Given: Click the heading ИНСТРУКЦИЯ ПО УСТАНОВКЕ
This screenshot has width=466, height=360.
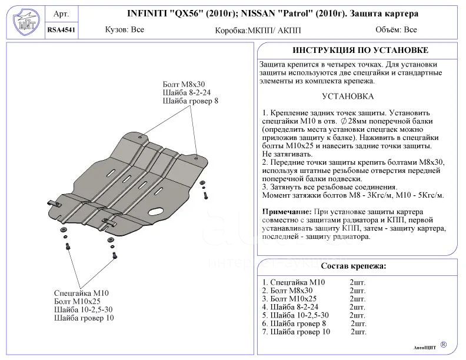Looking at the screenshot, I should coord(360,50).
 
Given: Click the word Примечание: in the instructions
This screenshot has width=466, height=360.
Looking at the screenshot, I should coord(286,211).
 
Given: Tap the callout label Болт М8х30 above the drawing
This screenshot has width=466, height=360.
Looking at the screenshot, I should coord(184,84).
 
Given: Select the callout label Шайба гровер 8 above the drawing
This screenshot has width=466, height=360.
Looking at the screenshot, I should coord(191,101).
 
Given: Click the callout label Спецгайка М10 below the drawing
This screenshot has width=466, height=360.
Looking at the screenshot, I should coord(81,293).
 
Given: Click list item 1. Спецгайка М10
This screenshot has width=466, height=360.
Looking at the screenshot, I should coord(293,282).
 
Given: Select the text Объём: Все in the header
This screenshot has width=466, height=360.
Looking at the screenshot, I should coord(395,29).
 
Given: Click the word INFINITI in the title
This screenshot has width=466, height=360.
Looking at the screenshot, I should coord(147,13).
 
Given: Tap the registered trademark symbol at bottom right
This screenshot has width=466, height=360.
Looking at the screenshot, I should coord(443,344).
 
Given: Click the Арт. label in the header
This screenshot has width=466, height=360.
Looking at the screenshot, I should coord(61,14).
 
